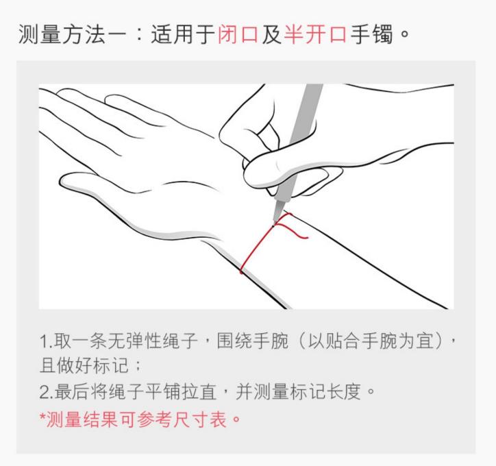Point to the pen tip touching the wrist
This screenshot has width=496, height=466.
[275, 219]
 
